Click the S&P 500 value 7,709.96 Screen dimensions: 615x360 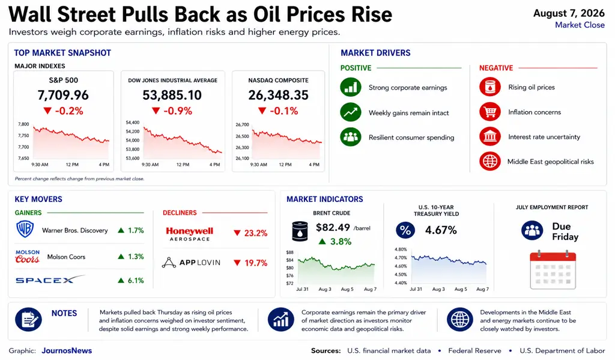63,95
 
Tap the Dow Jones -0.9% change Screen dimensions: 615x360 172,111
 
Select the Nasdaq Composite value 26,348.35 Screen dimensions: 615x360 278,95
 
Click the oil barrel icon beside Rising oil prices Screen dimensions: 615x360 490,87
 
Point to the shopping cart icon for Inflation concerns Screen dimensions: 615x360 490,112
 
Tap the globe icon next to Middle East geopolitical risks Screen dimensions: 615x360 490,161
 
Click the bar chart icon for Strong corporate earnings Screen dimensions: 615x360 351,87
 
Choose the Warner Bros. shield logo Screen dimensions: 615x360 25,229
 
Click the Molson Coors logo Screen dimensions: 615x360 28,257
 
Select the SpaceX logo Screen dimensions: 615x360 50,279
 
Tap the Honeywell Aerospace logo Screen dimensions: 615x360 189,234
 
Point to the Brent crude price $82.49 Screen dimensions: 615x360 333,228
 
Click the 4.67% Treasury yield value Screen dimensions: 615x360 441,230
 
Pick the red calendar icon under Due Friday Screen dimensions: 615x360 553,270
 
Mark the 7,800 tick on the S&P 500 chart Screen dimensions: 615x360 23,124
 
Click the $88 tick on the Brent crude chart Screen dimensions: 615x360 290,252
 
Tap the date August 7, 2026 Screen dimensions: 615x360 569,13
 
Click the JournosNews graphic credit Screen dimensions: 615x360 67,350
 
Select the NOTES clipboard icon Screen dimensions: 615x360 28,319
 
